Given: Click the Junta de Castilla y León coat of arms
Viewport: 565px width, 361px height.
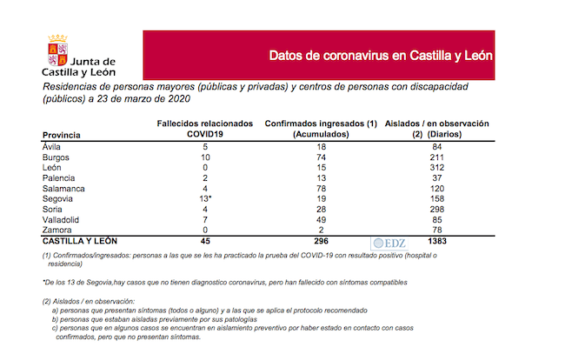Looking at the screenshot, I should (x=58, y=55).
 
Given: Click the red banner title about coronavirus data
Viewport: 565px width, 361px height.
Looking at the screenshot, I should (x=380, y=55).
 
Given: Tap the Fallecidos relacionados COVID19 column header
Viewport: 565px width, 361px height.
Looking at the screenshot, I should (x=204, y=130).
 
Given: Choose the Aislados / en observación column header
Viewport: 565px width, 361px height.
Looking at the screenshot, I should (x=439, y=130).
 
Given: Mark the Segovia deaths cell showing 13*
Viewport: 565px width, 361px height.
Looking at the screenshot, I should (x=204, y=199).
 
